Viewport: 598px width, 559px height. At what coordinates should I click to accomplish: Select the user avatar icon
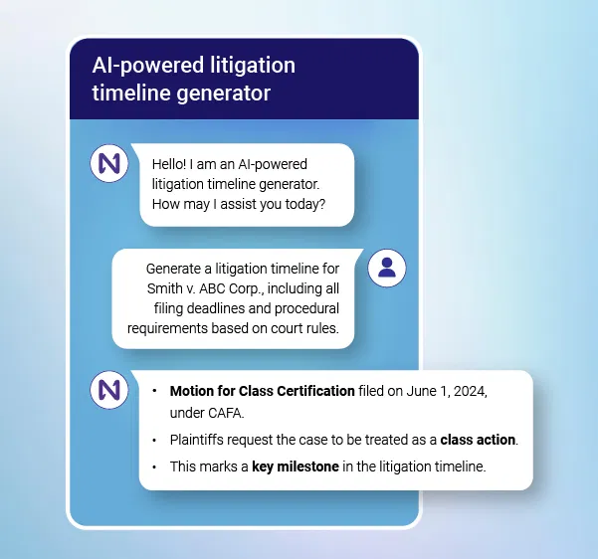point(387,267)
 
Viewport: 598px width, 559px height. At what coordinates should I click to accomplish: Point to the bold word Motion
point(194,391)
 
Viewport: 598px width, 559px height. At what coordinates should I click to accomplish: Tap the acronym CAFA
point(229,411)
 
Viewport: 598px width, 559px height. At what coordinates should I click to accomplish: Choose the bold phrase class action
point(478,439)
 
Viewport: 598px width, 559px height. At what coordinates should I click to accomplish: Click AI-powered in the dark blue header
point(145,66)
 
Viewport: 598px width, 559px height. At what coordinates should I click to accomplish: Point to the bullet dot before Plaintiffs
point(154,439)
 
